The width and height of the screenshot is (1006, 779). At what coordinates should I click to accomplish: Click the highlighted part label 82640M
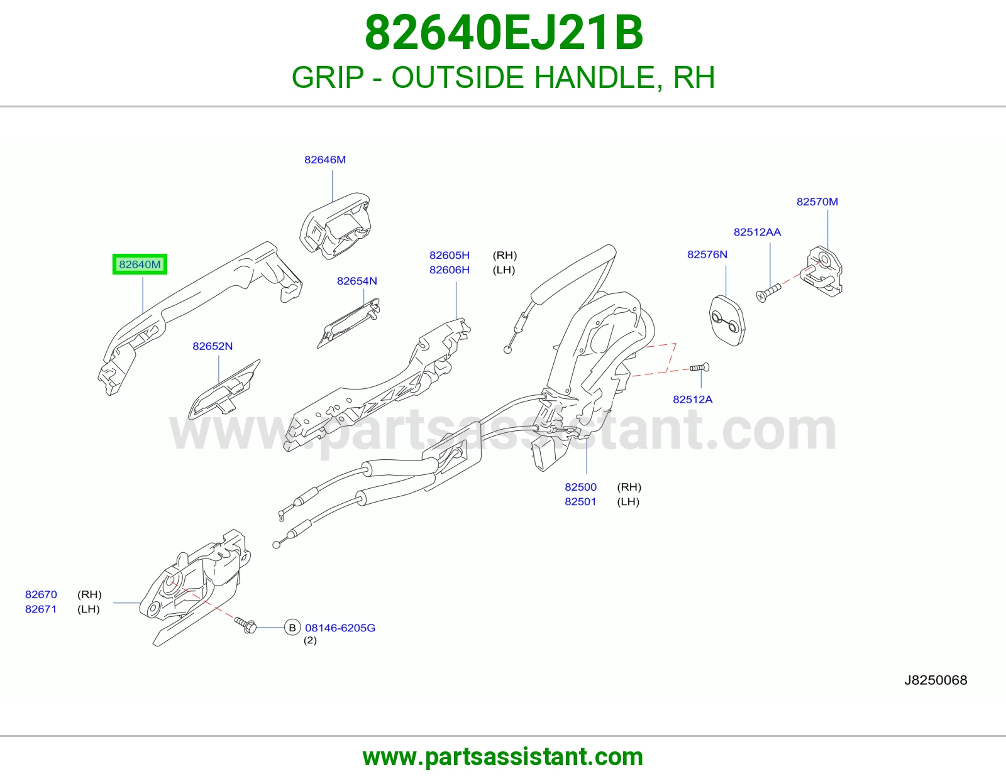pos(140,264)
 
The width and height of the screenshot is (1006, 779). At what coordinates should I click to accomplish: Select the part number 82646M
pos(324,160)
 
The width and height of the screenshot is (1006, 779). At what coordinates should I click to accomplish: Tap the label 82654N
pos(357,281)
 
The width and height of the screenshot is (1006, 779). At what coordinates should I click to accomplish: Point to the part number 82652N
pos(213,346)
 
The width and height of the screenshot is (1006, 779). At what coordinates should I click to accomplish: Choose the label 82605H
pos(449,255)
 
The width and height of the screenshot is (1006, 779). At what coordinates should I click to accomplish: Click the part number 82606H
pos(449,270)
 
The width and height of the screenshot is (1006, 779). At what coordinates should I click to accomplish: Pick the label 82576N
pos(707,254)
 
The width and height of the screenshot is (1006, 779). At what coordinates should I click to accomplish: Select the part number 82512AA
pos(757,232)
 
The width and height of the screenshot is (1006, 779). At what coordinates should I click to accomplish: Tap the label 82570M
pos(817,202)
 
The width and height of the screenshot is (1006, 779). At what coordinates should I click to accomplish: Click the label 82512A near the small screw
pos(692,399)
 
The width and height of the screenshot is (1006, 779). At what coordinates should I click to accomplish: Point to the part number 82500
pos(580,487)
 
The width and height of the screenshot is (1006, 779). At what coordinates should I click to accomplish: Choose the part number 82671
pos(41,609)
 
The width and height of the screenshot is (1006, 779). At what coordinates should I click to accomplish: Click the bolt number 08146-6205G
pos(340,628)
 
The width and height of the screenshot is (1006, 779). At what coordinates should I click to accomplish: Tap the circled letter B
pos(292,628)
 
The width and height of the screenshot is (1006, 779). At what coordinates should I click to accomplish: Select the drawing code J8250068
pos(936,680)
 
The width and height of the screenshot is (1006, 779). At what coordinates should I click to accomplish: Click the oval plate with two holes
pos(727,320)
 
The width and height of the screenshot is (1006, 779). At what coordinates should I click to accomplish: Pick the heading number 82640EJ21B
pos(504,33)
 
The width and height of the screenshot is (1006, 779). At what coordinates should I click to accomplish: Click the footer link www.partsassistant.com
pos(503,757)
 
